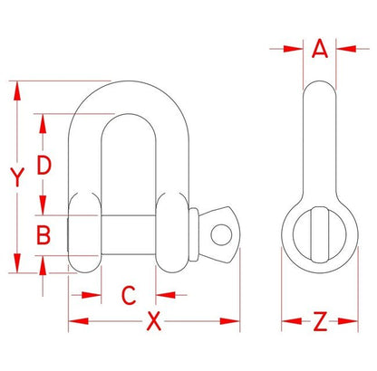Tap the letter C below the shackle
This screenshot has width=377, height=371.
pyautogui.click(x=129, y=294)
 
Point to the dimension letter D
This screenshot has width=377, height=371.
pyautogui.click(x=43, y=164)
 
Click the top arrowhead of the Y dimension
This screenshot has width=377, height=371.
pyautogui.click(x=15, y=87)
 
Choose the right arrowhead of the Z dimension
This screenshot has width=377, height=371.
pyautogui.click(x=348, y=320)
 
